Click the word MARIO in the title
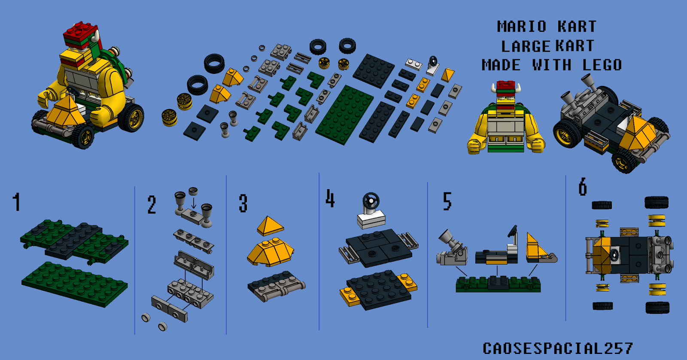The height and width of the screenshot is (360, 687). [522, 26]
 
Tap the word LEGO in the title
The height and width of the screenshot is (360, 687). [602, 65]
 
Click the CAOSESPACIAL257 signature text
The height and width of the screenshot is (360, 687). [558, 348]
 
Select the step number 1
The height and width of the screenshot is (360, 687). [17, 201]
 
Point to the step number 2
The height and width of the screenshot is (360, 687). [152, 204]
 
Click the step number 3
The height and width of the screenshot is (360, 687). [243, 203]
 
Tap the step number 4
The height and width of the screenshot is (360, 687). [330, 198]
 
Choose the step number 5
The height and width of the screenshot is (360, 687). [447, 201]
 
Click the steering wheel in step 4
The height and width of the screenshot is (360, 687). [371, 201]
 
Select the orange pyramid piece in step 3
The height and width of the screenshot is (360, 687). [270, 226]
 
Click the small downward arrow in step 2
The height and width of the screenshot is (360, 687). [194, 203]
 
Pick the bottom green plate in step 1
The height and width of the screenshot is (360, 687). [75, 284]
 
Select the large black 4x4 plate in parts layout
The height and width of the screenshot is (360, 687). [374, 71]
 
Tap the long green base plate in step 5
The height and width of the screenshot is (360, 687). [498, 284]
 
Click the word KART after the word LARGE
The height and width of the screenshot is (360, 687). [575, 46]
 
